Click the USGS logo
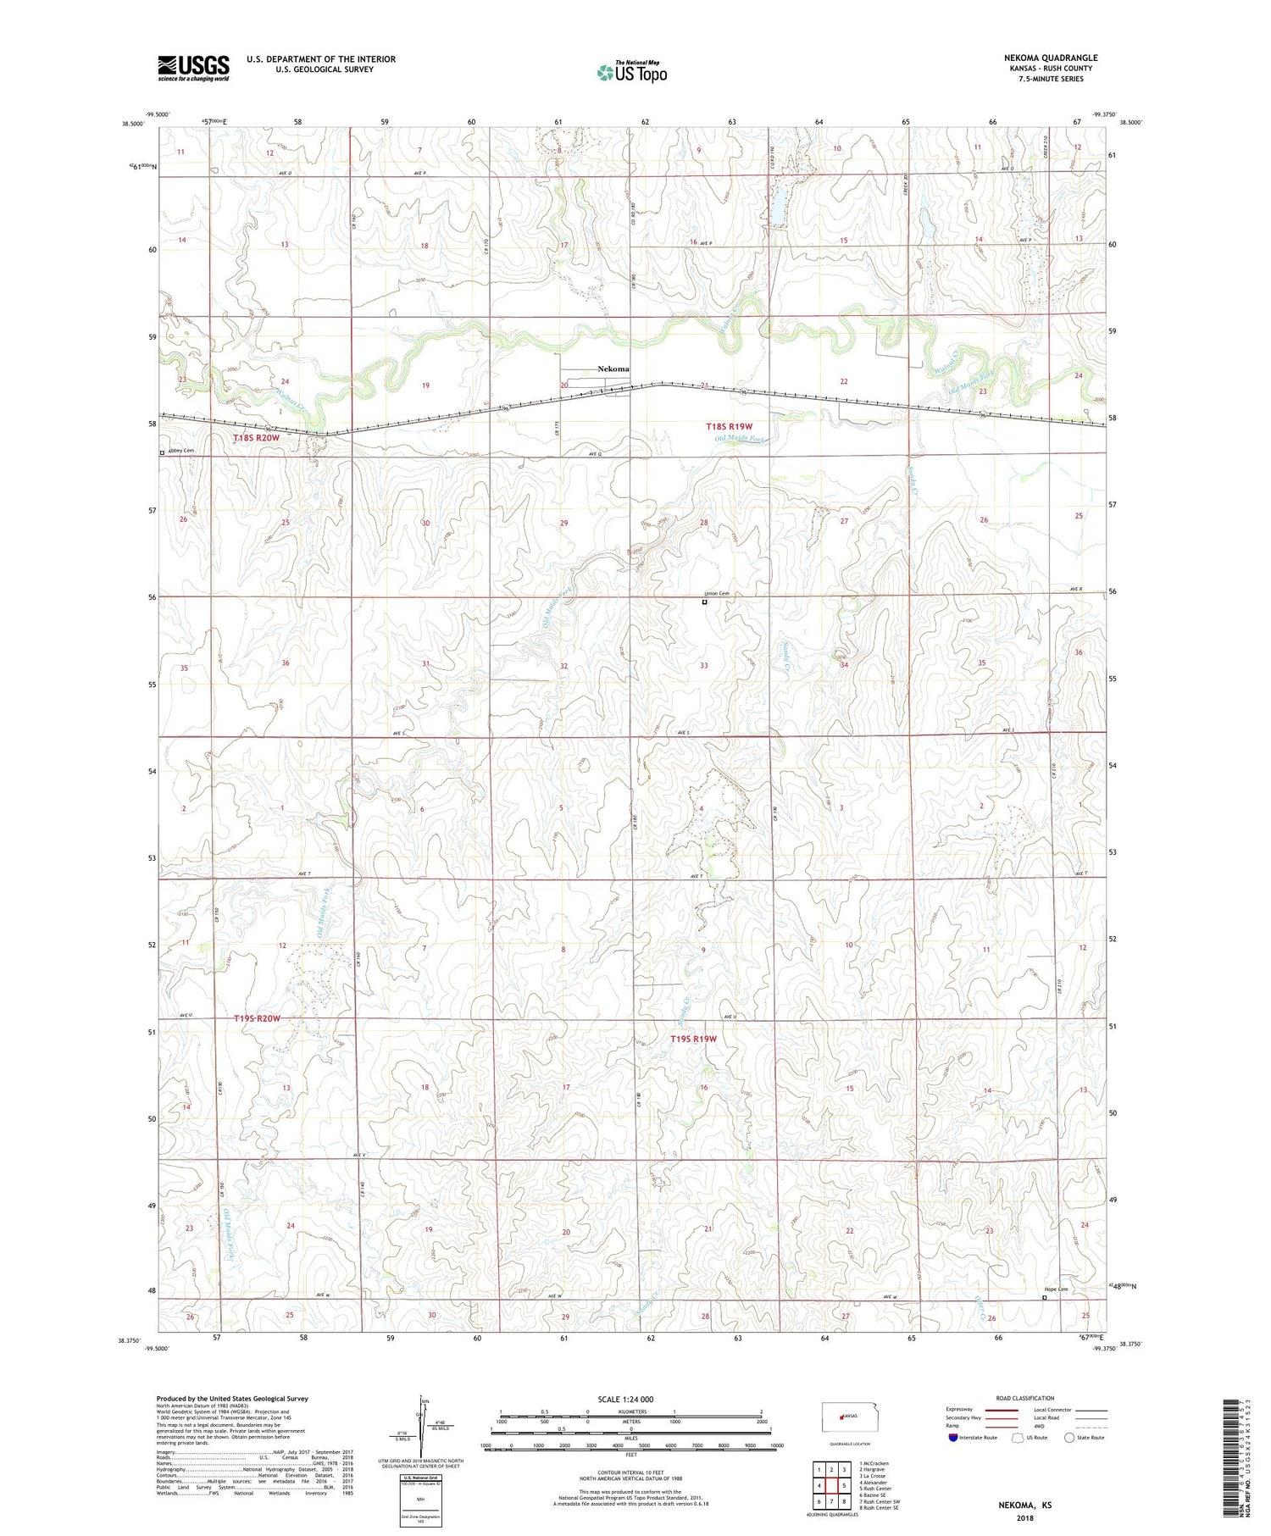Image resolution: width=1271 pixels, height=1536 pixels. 193,68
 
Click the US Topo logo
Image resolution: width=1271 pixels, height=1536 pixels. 632,73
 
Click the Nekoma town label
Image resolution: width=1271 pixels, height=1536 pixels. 613,369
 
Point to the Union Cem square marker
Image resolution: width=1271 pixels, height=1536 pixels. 704,602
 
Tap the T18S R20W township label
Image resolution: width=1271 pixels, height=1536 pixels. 256,438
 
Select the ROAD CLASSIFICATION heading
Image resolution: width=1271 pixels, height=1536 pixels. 1025,1398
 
